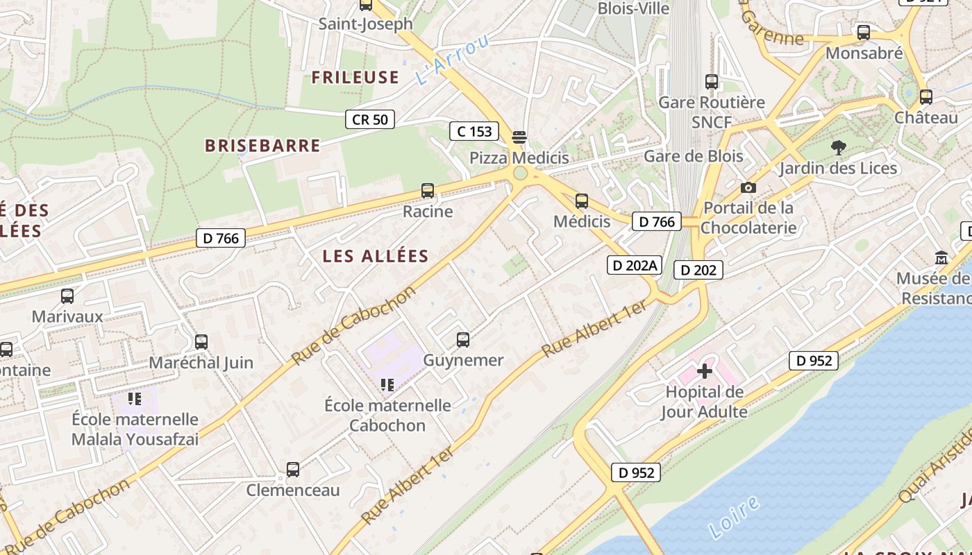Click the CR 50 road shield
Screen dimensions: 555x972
pyautogui.click(x=370, y=119)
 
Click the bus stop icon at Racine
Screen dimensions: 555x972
pyautogui.click(x=428, y=191)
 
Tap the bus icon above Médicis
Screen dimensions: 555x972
pyautogui.click(x=582, y=201)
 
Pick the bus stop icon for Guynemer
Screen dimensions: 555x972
pyautogui.click(x=463, y=340)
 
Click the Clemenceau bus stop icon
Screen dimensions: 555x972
pyautogui.click(x=293, y=470)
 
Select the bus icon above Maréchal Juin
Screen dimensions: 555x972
pyautogui.click(x=201, y=342)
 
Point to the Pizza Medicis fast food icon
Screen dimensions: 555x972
pyautogui.click(x=519, y=137)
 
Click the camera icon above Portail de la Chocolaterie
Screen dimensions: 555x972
pyautogui.click(x=748, y=187)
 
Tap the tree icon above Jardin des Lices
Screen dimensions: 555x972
pyautogui.click(x=839, y=147)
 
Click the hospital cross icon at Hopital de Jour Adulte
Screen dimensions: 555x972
pyautogui.click(x=704, y=371)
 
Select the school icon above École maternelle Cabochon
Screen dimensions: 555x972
pyautogui.click(x=387, y=384)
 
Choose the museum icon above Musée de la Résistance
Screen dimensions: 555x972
pyautogui.click(x=941, y=257)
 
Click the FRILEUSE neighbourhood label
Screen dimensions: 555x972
pyautogui.click(x=355, y=77)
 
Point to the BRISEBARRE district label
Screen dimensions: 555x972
pyautogui.click(x=262, y=146)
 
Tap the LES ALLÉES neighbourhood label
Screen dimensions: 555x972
pyautogui.click(x=376, y=256)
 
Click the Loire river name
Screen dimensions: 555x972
pyautogui.click(x=735, y=518)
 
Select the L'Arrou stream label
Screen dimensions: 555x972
pyautogui.click(x=453, y=59)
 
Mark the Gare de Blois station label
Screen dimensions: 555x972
pyautogui.click(x=693, y=156)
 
